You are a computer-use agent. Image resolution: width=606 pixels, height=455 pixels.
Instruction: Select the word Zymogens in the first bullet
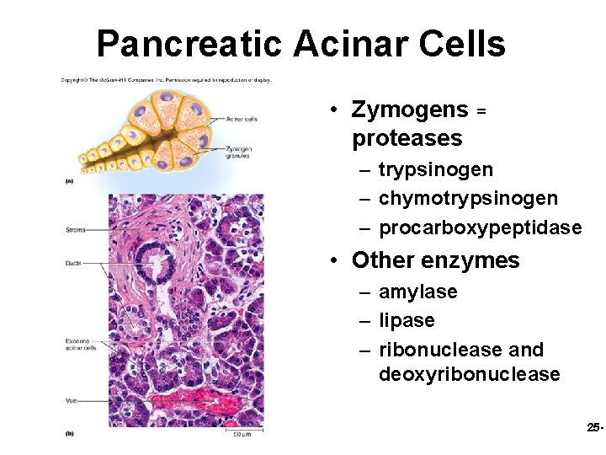coord(410,110)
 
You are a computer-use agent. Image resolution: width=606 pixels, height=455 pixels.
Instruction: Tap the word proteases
coord(407,138)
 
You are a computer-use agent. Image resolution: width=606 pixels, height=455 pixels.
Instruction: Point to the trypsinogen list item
coord(436,170)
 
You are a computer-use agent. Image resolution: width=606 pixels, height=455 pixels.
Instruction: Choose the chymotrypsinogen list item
coord(468,199)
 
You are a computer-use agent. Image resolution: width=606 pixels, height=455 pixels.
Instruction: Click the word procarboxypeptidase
coord(480,228)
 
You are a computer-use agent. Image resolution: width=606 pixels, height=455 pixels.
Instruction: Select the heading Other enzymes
coord(436,261)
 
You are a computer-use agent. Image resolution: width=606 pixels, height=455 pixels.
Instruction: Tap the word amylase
coord(418,292)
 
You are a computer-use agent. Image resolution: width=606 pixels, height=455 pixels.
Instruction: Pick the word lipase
coord(407,321)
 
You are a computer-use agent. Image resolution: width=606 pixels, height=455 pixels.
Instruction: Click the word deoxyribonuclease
coord(470,374)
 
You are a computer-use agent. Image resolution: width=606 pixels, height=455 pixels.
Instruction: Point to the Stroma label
coord(75,229)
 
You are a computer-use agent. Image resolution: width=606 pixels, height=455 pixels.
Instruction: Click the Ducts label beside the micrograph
coord(73,264)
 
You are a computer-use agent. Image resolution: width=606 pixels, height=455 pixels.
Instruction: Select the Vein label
coord(72,401)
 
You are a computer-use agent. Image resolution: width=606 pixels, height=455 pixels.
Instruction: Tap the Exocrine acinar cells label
coord(81,344)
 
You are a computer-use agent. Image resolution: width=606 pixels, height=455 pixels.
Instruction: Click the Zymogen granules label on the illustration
coord(240,153)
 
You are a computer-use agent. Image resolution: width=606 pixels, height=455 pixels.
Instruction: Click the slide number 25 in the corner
coord(594,429)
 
